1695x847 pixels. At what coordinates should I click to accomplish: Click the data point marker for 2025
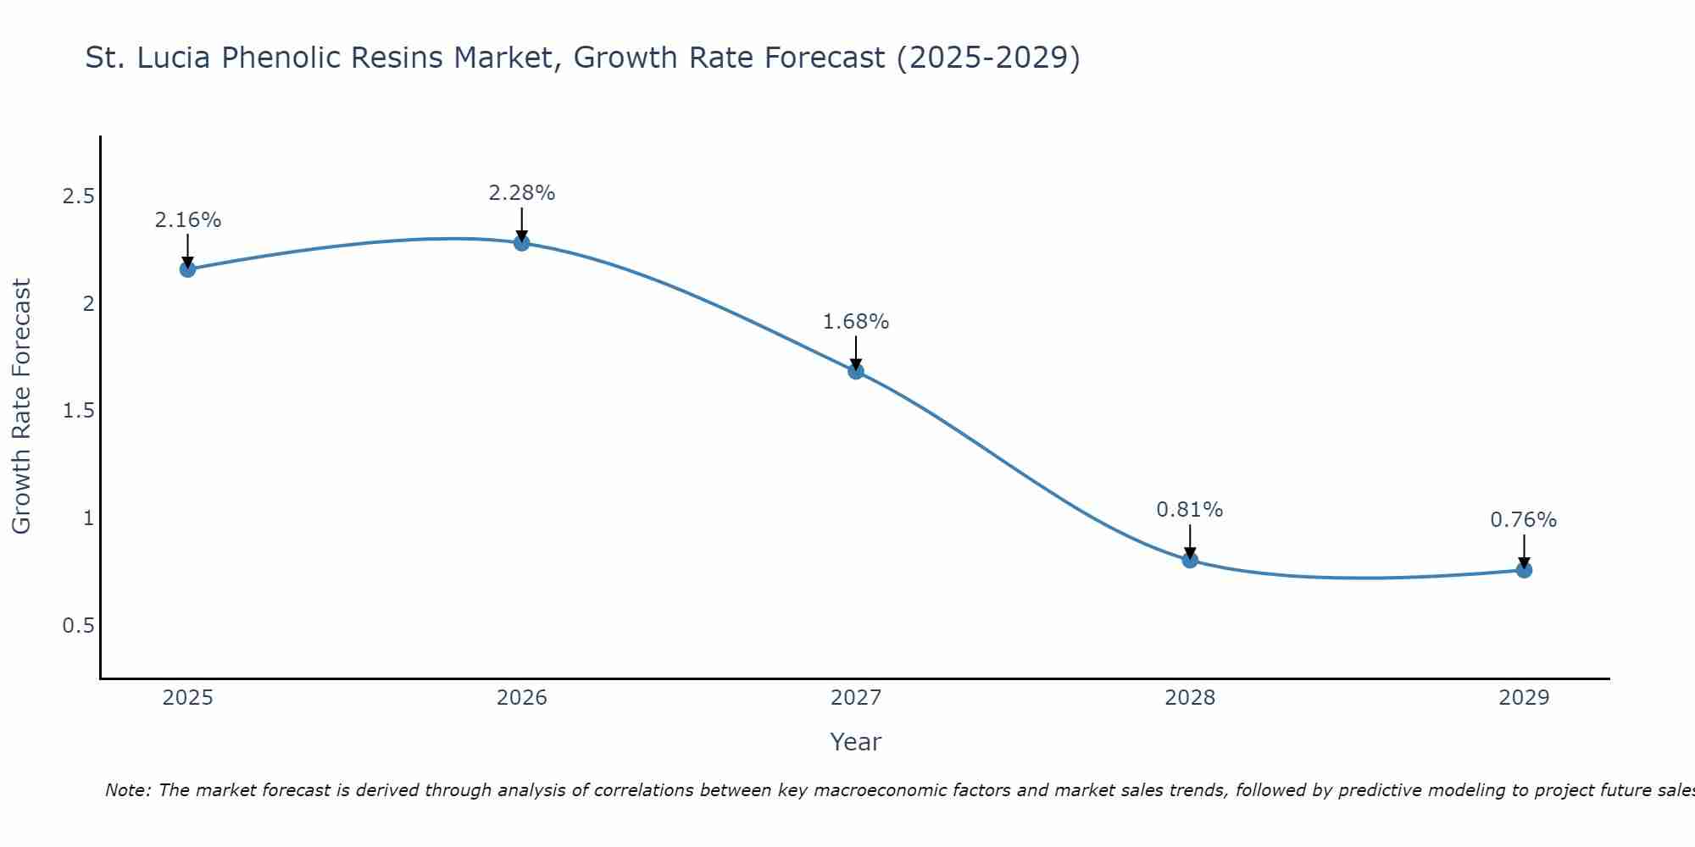coord(187,269)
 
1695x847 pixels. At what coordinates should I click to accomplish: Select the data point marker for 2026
coord(522,243)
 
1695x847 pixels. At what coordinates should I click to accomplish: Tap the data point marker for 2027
coord(856,371)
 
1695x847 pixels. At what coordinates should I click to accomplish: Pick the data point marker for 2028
coord(1190,560)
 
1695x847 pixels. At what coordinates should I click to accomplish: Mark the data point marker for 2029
coord(1524,570)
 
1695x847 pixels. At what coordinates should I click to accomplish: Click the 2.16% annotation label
coord(187,220)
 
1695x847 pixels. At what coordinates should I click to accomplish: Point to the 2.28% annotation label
coord(522,193)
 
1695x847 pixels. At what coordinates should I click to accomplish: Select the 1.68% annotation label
coord(856,322)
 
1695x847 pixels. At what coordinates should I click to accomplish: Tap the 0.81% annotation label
coord(1190,510)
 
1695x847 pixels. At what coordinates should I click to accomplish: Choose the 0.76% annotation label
coord(1524,520)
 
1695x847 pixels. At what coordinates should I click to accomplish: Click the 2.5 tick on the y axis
coord(78,197)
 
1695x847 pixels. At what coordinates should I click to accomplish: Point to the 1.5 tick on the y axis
coord(78,411)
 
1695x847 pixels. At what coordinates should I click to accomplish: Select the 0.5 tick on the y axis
coord(78,626)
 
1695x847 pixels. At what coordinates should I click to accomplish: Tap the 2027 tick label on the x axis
coord(856,698)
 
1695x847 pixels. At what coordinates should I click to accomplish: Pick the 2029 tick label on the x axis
coord(1524,698)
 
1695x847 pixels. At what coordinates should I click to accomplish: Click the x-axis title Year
coord(856,742)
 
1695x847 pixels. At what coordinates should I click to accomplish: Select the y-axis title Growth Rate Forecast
coord(21,407)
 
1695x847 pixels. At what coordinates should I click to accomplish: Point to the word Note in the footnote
coord(127,790)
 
